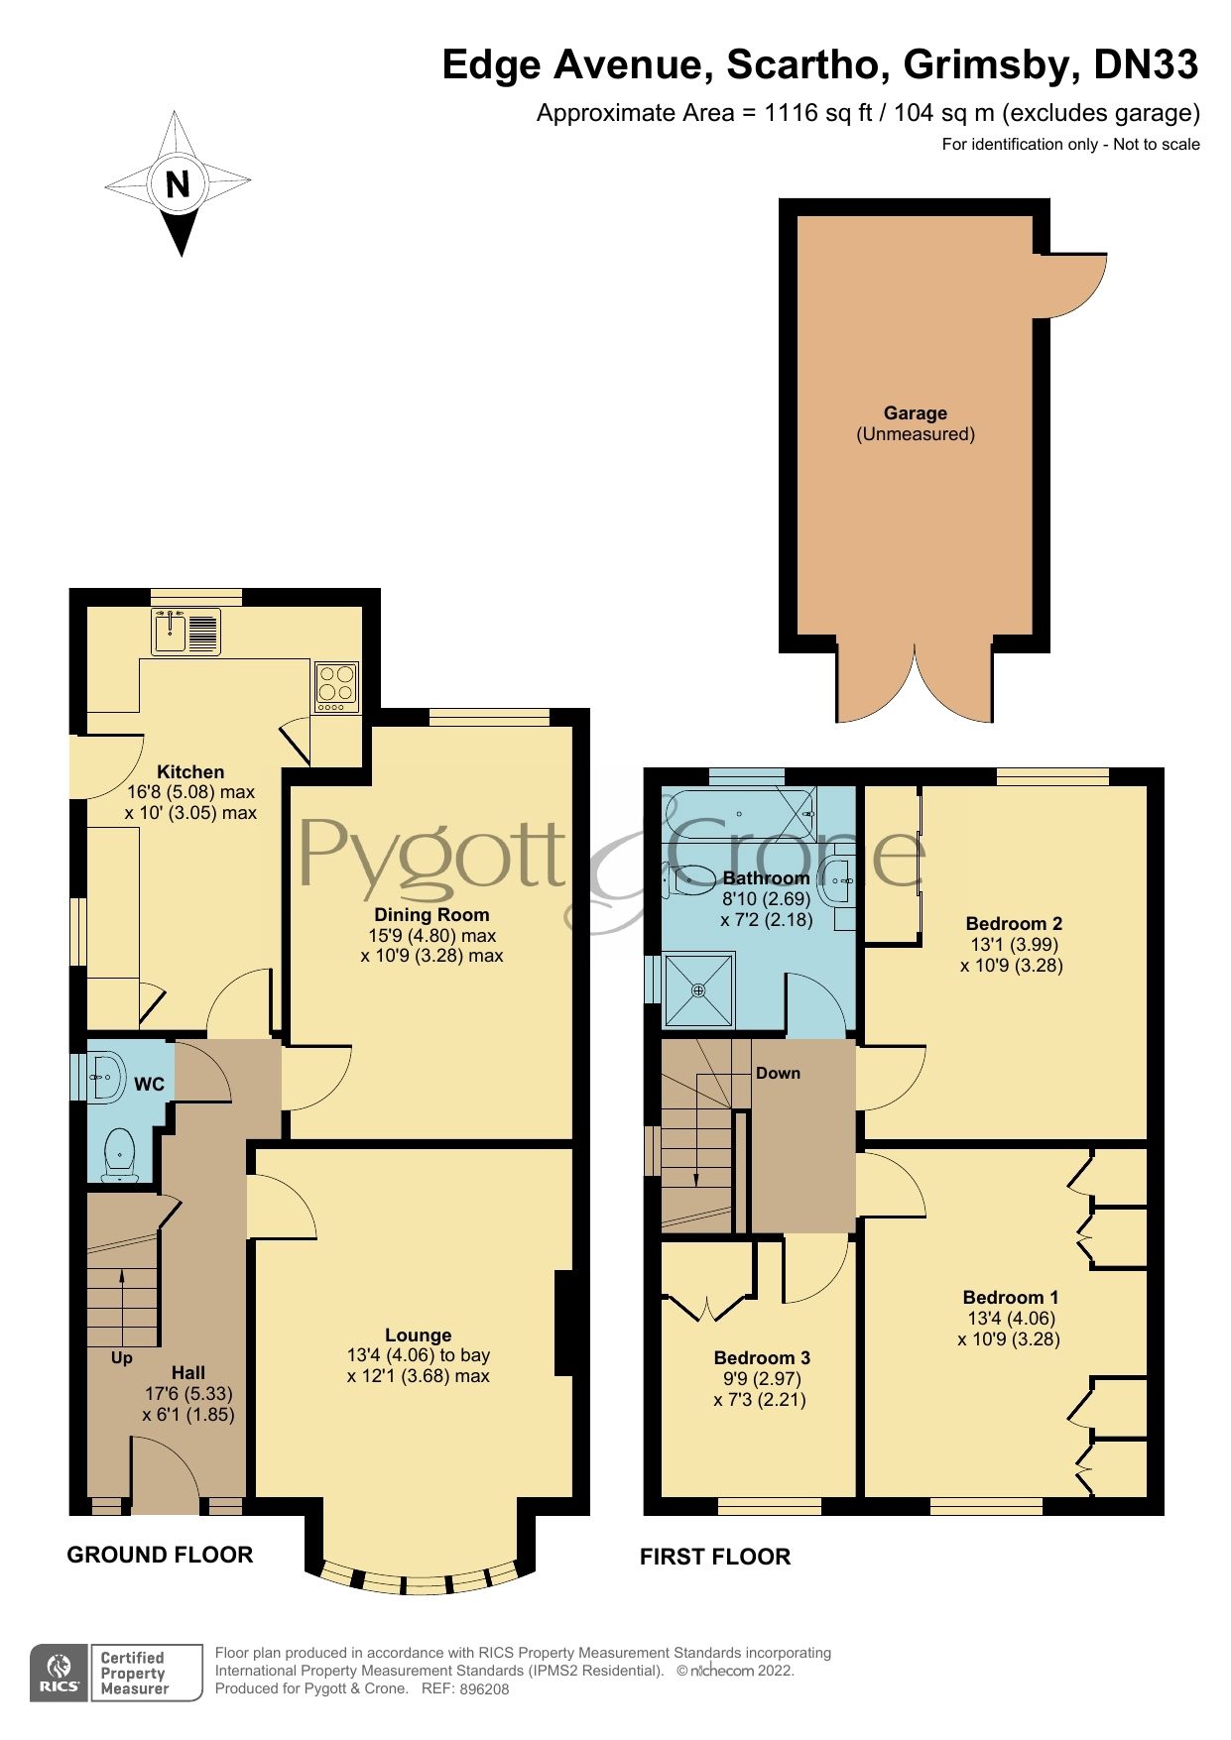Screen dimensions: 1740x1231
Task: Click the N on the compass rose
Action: pyautogui.click(x=178, y=184)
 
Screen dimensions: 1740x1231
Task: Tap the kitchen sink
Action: pyautogui.click(x=185, y=632)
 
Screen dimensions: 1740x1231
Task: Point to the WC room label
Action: pyautogui.click(x=149, y=1084)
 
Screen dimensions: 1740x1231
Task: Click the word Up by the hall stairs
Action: pyautogui.click(x=121, y=1357)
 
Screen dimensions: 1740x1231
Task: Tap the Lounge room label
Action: pyautogui.click(x=418, y=1334)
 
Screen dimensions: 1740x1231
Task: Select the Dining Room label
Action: pyautogui.click(x=431, y=914)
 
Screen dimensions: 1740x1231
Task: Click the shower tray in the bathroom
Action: pyautogui.click(x=699, y=988)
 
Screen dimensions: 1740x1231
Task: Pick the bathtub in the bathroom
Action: pyautogui.click(x=739, y=814)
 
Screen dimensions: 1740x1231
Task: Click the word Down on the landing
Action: pyautogui.click(x=778, y=1073)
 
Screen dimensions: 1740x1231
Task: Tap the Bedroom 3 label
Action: pyautogui.click(x=761, y=1357)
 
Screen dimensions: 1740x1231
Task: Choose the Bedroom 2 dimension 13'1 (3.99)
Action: pyautogui.click(x=1012, y=944)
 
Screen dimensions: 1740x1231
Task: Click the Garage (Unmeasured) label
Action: pyautogui.click(x=916, y=423)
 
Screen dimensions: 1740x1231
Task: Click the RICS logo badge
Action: pyautogui.click(x=61, y=1673)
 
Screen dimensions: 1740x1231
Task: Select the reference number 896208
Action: pyautogui.click(x=485, y=1689)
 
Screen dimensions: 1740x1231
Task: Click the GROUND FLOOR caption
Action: pyautogui.click(x=160, y=1555)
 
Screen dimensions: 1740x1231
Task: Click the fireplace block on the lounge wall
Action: pyautogui.click(x=563, y=1323)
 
